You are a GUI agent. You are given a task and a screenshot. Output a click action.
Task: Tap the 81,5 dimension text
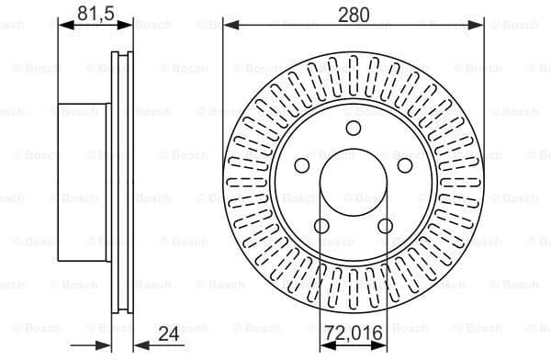tap(95, 13)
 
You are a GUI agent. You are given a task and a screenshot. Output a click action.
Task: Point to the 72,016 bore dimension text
tap(354, 332)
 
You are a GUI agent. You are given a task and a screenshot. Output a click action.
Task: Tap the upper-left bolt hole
tap(301, 165)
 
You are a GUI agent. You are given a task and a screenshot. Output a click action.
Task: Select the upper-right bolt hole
tap(405, 165)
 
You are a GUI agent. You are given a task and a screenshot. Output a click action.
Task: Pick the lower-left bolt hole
tap(321, 227)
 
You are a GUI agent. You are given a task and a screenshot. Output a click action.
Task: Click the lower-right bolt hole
tap(386, 227)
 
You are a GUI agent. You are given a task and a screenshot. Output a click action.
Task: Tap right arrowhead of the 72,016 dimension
tap(381, 345)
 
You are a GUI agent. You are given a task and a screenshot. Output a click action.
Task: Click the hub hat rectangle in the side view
tap(83, 184)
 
